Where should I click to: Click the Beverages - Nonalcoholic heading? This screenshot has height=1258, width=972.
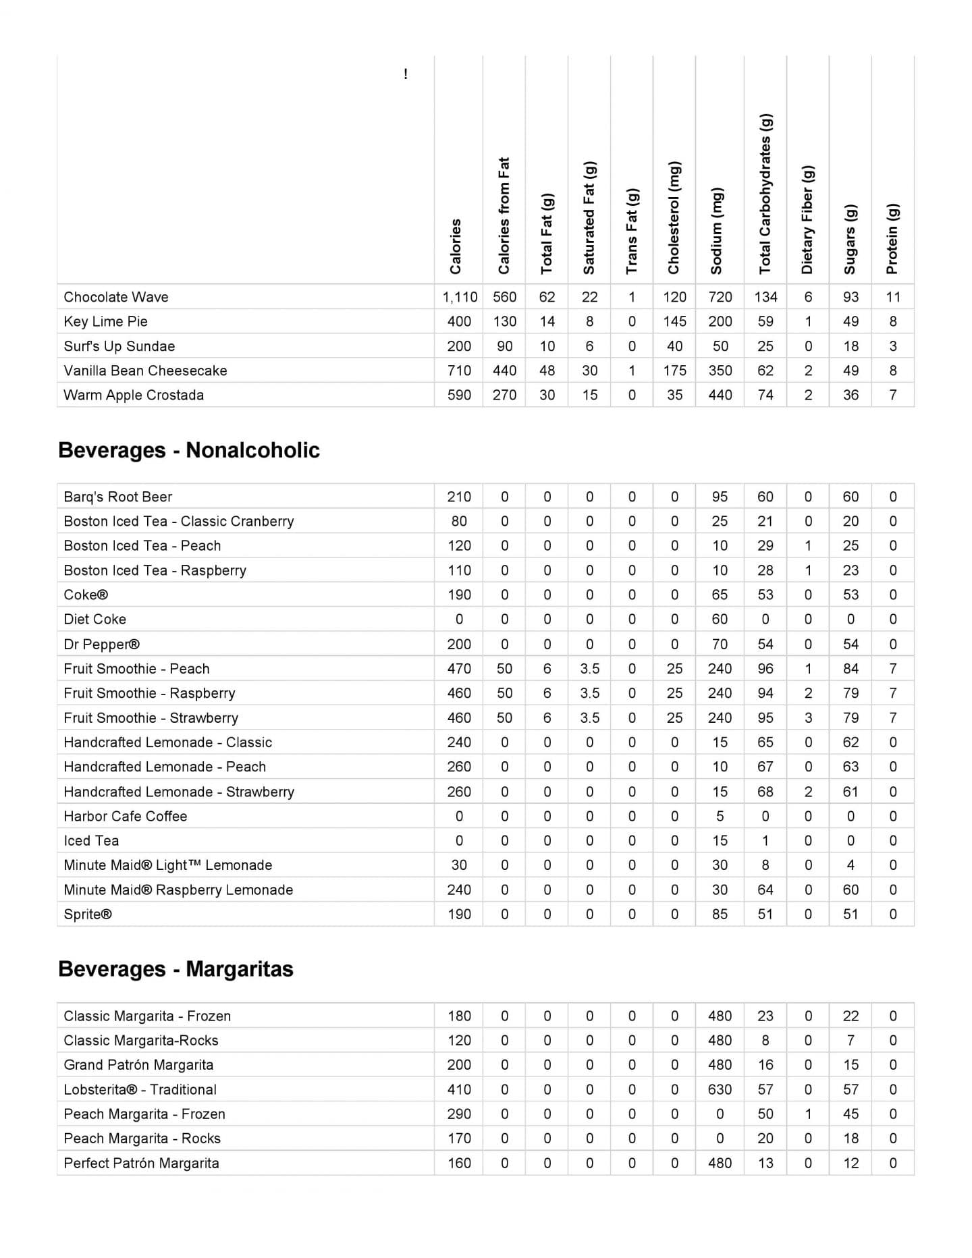click(189, 450)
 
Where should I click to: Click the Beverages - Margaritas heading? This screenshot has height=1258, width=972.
click(175, 969)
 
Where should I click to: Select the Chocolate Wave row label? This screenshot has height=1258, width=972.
click(116, 297)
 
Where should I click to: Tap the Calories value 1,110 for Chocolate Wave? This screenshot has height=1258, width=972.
click(460, 297)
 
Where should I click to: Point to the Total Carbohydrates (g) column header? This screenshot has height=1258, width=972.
click(765, 194)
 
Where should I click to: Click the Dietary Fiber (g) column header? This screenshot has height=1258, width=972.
click(807, 220)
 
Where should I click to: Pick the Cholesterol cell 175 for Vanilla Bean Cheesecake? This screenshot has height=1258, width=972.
click(674, 371)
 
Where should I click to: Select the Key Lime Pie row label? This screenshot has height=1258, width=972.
click(105, 321)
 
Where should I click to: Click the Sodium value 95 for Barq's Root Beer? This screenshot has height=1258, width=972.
click(720, 497)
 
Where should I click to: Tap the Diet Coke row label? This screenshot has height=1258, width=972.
click(94, 620)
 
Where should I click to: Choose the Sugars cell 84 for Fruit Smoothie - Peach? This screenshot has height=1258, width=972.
click(850, 669)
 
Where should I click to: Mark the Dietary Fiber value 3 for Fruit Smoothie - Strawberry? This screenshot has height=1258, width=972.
click(808, 718)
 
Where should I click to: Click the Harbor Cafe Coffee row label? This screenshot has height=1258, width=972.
click(126, 817)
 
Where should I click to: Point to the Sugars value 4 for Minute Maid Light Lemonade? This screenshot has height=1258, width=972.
click(850, 865)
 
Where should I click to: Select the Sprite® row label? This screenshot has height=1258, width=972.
click(88, 914)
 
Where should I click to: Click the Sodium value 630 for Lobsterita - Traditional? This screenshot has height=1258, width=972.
click(720, 1090)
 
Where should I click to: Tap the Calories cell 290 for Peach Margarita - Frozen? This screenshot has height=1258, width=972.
click(459, 1114)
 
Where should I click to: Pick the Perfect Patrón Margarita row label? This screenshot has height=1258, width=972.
click(141, 1164)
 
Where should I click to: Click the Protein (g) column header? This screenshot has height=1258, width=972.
click(892, 239)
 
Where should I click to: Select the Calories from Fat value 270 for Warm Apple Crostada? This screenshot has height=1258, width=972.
click(504, 395)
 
